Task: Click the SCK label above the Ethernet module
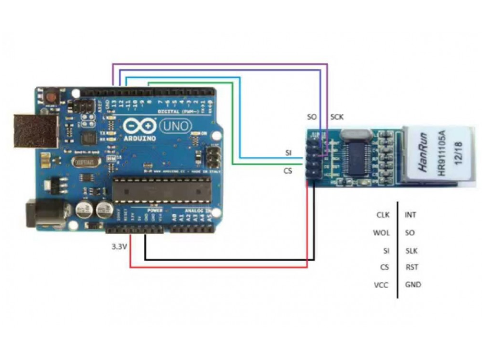tap(337, 117)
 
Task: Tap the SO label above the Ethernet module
tap(311, 117)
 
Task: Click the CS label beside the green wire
tap(288, 170)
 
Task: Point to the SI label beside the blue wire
tap(288, 153)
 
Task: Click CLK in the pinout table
tap(383, 215)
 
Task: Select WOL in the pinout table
tap(381, 233)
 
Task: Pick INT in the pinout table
tap(411, 215)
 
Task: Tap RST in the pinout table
tap(411, 267)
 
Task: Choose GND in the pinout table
tap(413, 285)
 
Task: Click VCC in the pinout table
tap(381, 285)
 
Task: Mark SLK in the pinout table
tap(412, 250)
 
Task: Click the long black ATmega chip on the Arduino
tap(161, 191)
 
